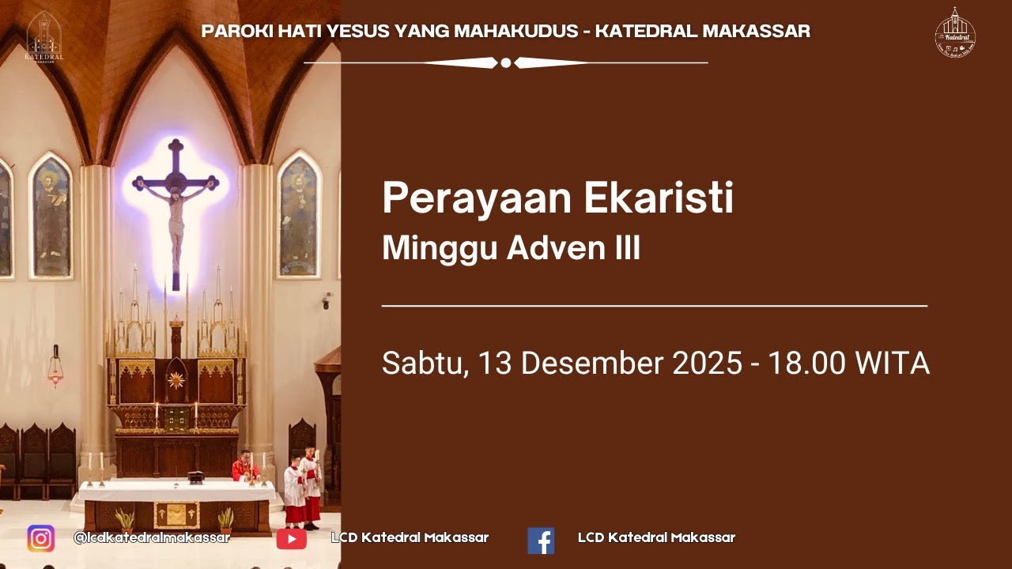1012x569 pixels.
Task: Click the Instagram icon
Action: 41,538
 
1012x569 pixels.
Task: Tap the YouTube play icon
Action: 291,539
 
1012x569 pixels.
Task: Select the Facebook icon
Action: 541,540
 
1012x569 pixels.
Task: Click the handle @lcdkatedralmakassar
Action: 151,537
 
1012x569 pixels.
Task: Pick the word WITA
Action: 893,364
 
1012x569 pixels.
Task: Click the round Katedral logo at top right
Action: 955,33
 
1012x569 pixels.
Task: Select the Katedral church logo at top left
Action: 44,36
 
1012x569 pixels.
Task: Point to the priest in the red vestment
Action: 244,467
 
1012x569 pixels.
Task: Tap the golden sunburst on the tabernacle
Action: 175,380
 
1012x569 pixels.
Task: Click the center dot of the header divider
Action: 506,62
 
